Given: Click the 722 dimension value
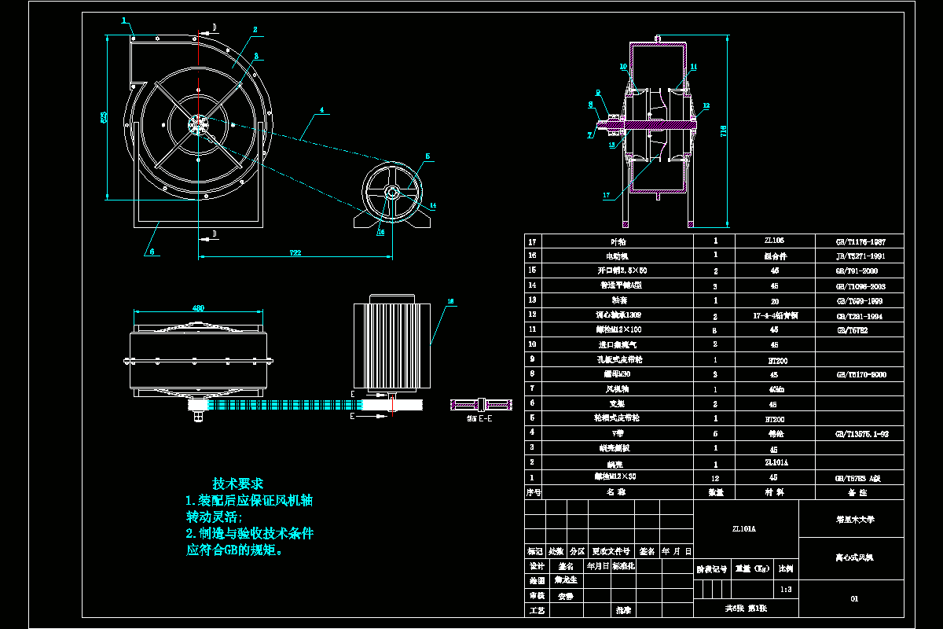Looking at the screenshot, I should pos(295,252).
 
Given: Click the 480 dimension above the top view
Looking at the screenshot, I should pos(200,307).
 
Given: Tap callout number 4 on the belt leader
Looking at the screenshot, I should pos(321,111).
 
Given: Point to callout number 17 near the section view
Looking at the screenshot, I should pos(606,195).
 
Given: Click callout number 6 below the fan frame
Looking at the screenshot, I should pos(152,252).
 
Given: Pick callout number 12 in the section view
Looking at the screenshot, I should pos(706,105).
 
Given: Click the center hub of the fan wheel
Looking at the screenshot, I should pos(198,124).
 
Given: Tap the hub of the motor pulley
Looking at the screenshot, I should pos(391,193).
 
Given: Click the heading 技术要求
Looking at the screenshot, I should pos(237,483).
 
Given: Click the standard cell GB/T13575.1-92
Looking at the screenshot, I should pos(862,433).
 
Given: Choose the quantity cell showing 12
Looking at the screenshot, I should pos(715,477).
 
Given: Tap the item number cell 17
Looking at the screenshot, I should pos(534,241).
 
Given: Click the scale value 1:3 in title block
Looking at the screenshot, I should pos(784,588).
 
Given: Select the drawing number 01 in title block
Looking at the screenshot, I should pos(854,599).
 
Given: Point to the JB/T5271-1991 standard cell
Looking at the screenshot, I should pos(862,256).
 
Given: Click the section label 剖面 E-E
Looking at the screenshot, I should pos(479,418).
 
